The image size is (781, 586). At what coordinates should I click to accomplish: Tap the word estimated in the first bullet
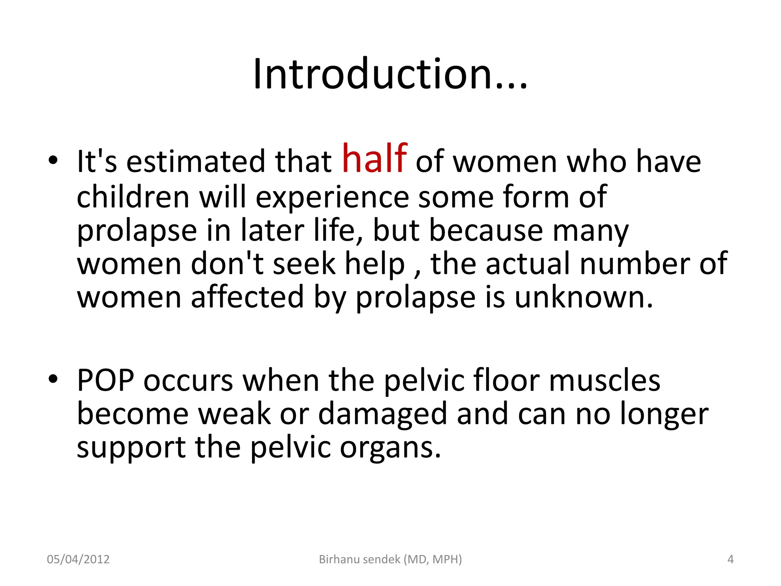point(195,161)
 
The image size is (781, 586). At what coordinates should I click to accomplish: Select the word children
point(133,196)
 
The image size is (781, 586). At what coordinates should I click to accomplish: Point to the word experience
point(332,197)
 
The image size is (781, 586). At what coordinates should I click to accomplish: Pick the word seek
point(304,264)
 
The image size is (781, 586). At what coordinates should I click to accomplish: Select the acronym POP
point(106,380)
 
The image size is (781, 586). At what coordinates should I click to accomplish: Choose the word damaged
point(382,414)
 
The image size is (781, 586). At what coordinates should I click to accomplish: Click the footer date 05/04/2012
point(78,559)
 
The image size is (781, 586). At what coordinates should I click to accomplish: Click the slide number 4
point(730,559)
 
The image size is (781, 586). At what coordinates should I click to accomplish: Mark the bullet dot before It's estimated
point(53,161)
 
